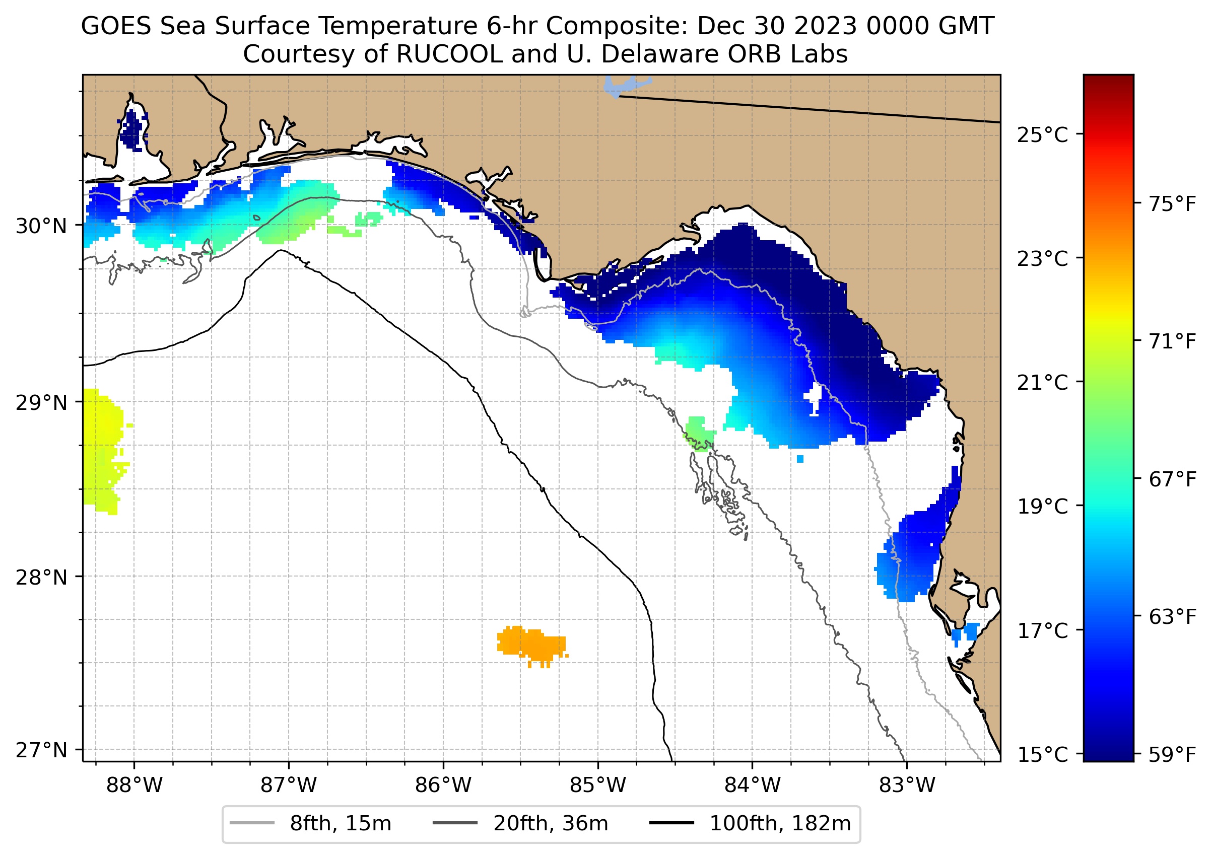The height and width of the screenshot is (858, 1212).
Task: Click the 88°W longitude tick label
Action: tap(134, 785)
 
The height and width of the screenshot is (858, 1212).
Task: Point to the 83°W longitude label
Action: tap(907, 785)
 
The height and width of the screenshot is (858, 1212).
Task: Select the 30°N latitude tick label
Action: tap(41, 226)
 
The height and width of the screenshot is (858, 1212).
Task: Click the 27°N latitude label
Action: tap(41, 750)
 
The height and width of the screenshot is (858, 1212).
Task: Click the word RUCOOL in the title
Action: tap(449, 54)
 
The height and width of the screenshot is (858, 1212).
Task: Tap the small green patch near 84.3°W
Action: tap(699, 434)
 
